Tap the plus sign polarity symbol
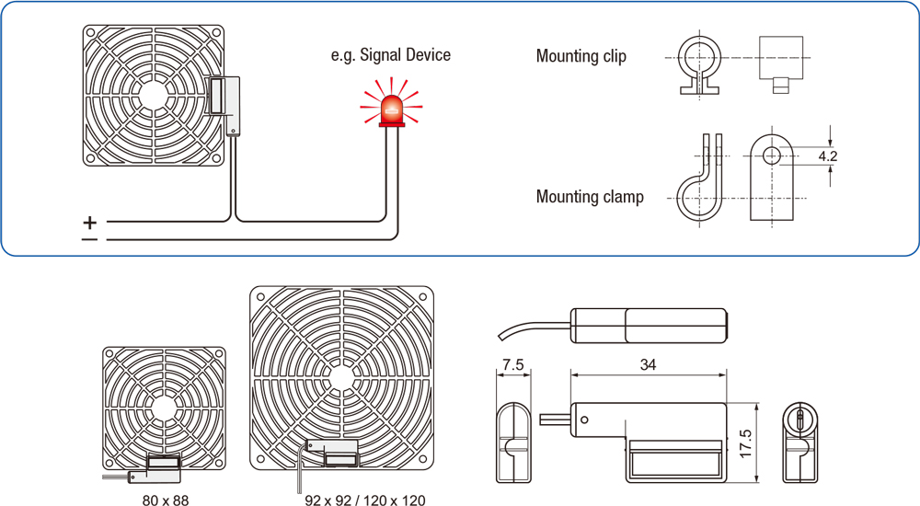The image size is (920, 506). click(x=89, y=222)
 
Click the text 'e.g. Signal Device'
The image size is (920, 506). click(x=391, y=55)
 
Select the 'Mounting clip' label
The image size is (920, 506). click(x=581, y=57)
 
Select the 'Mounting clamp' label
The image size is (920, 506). click(x=590, y=197)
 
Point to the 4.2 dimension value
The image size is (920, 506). click(x=828, y=156)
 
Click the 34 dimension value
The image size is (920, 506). click(x=648, y=365)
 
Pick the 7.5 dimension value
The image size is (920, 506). click(x=513, y=365)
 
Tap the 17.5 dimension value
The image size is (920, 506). click(x=746, y=443)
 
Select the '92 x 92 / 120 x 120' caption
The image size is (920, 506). click(x=365, y=500)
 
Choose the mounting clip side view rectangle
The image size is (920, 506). click(x=780, y=58)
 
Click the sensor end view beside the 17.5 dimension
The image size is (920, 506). click(x=799, y=443)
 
